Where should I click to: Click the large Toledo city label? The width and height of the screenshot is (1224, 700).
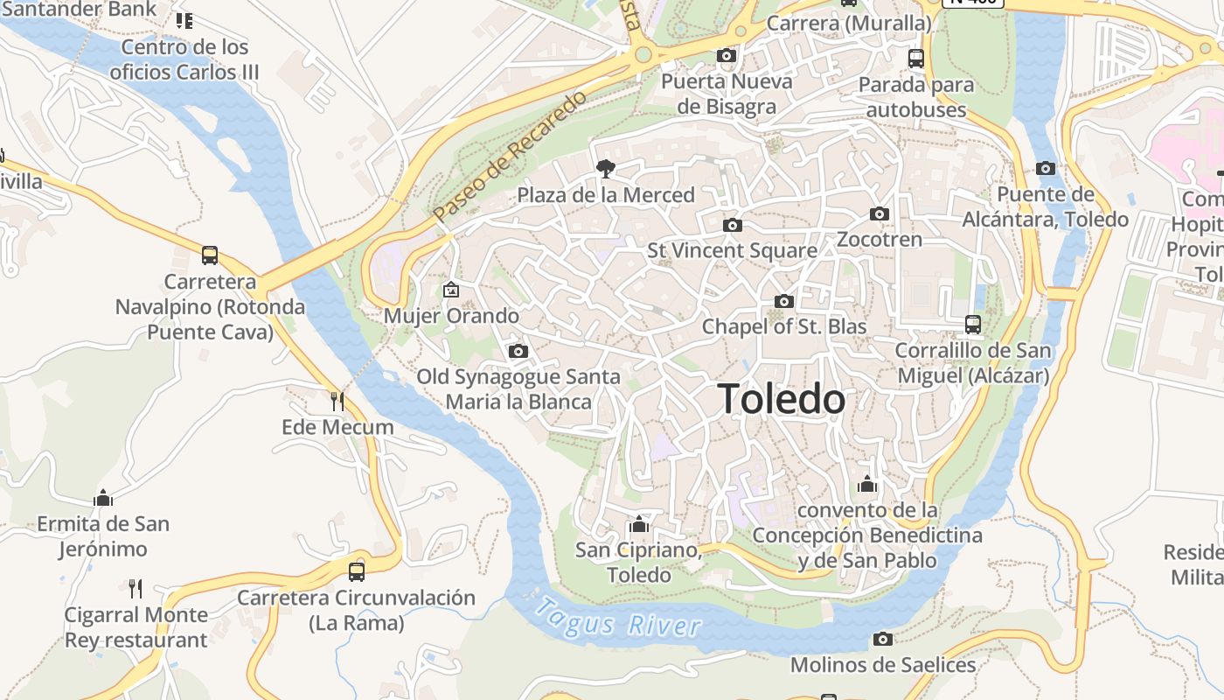pos(781,399)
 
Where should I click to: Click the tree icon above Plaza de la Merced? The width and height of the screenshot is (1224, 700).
pos(604,168)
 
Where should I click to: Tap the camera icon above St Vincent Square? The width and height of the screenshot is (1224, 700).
pos(733,225)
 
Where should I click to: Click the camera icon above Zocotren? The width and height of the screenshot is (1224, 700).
pos(879,213)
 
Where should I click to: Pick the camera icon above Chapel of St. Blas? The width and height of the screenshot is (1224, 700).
pos(784,301)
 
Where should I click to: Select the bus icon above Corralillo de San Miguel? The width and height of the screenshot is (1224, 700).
pos(973,325)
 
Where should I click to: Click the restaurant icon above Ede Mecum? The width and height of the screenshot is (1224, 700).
pos(337,402)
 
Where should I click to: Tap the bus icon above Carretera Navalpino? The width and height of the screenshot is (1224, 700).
pos(210,255)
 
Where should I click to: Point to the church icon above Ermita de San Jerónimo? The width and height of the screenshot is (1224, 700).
pos(103,498)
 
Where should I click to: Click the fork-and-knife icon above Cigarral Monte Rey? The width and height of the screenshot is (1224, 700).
pos(136,588)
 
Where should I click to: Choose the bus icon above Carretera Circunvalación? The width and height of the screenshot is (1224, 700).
pos(356,571)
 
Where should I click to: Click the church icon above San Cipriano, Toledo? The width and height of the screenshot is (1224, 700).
pos(639,524)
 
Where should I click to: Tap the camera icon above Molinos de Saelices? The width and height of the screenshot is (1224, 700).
pos(883,639)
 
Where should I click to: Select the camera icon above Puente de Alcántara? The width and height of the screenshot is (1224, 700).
pos(1046,168)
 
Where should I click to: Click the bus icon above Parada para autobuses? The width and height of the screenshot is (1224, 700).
pos(916,59)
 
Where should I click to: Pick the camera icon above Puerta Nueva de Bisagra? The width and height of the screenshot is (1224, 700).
pos(726,56)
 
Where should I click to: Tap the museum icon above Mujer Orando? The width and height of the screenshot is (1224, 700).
pos(451,290)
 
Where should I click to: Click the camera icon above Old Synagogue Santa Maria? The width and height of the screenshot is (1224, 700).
pos(518,351)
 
